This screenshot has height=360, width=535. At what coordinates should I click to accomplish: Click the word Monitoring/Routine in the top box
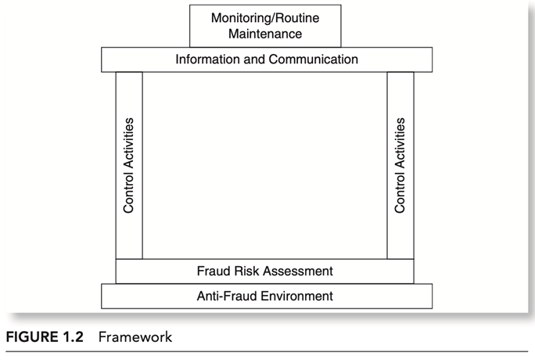265,18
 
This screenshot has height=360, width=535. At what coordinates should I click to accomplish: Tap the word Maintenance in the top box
265,34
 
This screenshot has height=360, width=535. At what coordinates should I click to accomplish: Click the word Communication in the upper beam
313,59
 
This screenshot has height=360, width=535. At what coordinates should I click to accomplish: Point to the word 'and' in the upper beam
254,59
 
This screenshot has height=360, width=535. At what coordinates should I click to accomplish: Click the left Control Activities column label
128,165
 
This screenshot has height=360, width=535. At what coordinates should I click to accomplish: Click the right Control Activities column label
400,165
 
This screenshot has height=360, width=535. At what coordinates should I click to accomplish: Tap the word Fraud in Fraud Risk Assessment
214,272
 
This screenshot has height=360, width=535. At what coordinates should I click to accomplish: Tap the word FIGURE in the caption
32,337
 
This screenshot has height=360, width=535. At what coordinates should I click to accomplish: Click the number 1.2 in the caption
73,337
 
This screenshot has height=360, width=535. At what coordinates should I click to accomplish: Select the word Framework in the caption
135,337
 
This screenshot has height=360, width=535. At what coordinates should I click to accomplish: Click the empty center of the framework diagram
265,165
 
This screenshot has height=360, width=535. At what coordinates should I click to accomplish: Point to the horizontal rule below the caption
267,351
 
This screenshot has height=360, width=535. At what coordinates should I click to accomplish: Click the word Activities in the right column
400,143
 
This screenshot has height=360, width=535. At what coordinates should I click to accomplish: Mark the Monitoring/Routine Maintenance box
265,26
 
